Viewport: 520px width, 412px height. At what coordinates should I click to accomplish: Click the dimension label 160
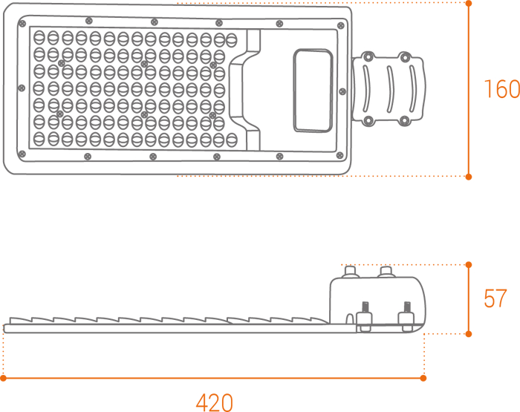501,89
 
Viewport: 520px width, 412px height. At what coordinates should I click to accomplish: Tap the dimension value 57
495,298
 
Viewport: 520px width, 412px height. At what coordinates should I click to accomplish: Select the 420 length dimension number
214,402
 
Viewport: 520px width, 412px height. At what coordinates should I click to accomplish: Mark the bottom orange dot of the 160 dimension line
469,177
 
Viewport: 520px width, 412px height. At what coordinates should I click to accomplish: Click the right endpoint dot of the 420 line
423,378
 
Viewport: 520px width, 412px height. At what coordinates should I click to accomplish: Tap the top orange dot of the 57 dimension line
469,264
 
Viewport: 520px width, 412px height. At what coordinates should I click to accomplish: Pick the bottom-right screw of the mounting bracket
404,120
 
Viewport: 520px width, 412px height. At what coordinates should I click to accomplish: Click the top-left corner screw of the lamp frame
24,24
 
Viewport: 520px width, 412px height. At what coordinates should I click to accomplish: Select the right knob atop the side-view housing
386,272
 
